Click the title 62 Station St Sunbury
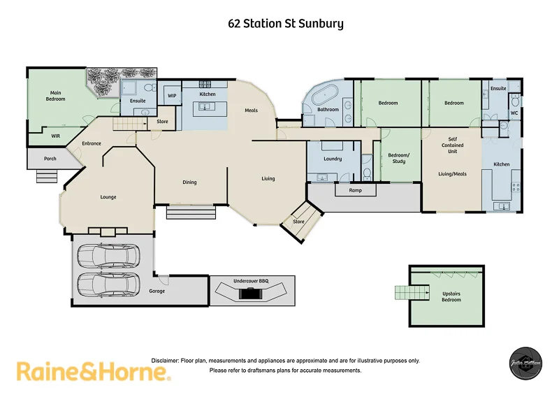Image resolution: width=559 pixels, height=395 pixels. [x=286, y=24]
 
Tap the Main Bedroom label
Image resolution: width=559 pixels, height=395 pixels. [x=57, y=96]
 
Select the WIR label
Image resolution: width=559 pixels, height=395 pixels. [x=56, y=136]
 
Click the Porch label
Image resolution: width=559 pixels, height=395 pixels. [x=50, y=159]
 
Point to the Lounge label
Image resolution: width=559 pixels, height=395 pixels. [x=108, y=197]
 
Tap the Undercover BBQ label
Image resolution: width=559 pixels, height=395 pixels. [x=251, y=281]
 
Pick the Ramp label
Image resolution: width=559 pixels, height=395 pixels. [x=356, y=189]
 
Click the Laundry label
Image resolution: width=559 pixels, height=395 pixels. [x=333, y=159]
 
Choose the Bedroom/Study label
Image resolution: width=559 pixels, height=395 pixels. [x=398, y=158]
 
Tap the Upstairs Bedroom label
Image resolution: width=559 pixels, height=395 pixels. [x=451, y=297]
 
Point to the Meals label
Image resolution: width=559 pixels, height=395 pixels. [x=252, y=110]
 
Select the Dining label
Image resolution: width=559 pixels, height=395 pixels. [x=189, y=182]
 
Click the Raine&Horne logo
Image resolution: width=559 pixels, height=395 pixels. [x=93, y=371]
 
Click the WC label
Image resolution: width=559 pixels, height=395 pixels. [x=514, y=113]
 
